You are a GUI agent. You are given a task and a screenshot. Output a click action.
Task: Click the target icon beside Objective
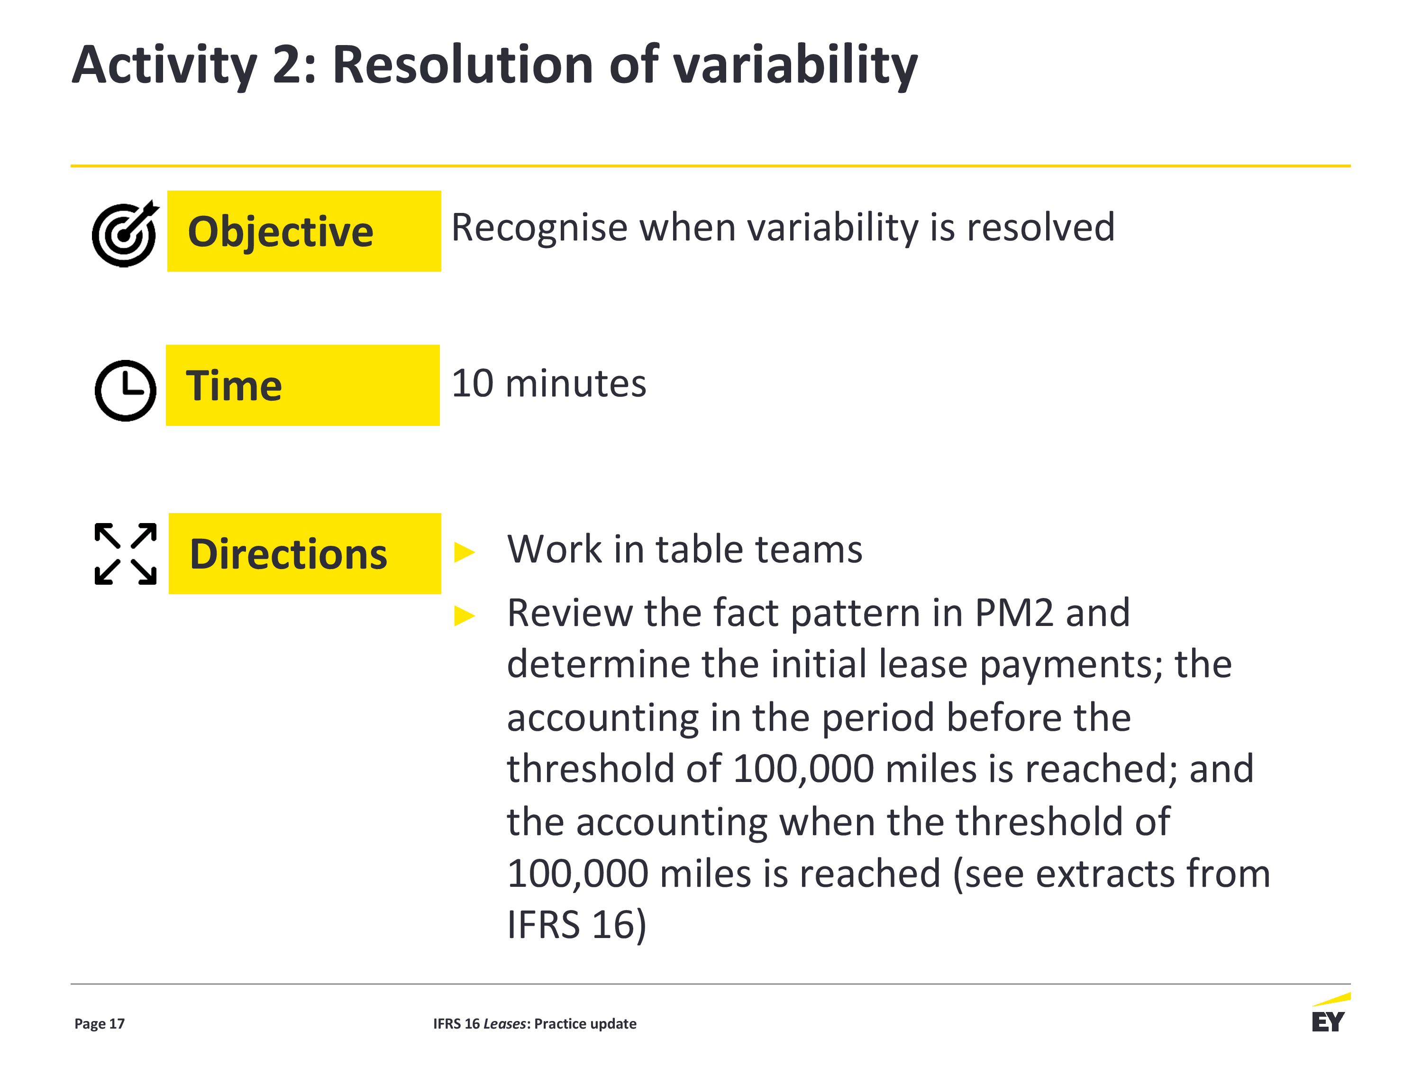click(x=125, y=233)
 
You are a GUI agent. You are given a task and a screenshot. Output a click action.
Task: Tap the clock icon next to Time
click(x=125, y=390)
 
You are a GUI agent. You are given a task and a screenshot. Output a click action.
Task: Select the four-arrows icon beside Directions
click(x=125, y=554)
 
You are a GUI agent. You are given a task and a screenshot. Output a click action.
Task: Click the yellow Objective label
click(x=304, y=231)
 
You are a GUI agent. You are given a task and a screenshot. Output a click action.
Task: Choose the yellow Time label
click(x=303, y=385)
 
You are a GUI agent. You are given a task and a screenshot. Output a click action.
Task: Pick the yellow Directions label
click(x=305, y=553)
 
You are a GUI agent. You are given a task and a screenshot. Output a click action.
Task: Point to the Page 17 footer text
click(x=100, y=1023)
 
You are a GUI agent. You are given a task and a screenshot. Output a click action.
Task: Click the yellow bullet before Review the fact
click(x=464, y=616)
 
